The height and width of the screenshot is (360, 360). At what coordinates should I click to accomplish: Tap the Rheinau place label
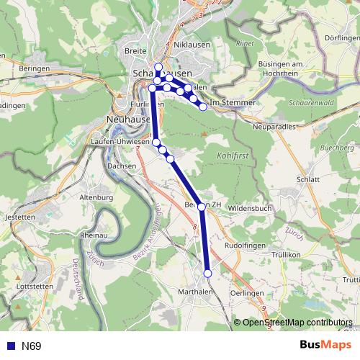tap(94, 235)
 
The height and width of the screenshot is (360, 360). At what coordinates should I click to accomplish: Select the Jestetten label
tap(19, 217)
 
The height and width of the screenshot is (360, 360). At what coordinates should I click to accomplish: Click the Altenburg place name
tap(96, 197)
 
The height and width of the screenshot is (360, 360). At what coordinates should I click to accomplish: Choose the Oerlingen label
tap(247, 294)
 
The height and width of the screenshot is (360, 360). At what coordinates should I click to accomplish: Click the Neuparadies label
tap(276, 126)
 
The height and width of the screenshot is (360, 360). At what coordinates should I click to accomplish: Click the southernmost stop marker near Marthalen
tap(208, 274)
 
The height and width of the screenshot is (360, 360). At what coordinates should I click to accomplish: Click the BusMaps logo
tap(325, 346)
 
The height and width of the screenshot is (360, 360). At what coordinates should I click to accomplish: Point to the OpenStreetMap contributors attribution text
tap(297, 323)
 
